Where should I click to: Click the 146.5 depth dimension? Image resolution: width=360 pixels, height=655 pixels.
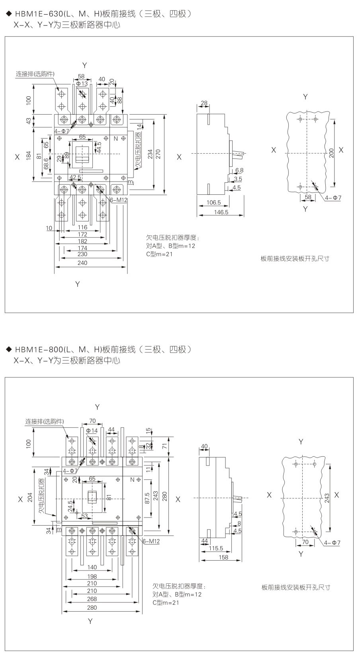(221, 212)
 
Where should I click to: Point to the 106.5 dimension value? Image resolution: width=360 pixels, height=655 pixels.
(213, 203)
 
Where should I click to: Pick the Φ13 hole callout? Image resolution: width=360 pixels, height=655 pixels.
(82, 84)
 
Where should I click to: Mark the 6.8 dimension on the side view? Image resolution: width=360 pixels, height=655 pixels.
(239, 170)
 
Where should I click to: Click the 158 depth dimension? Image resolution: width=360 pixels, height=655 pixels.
(224, 557)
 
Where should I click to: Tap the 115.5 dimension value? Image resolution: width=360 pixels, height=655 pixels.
(216, 548)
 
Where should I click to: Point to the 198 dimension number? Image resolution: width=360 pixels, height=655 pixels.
(92, 577)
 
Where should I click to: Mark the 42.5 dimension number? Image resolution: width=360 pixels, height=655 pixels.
(75, 178)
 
